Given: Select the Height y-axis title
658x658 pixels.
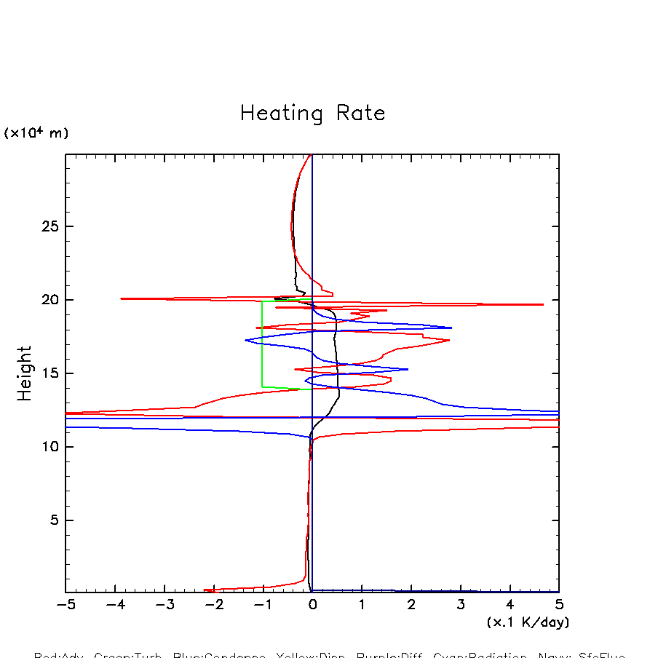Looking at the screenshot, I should pyautogui.click(x=25, y=373).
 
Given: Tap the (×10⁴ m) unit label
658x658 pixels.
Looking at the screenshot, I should pyautogui.click(x=36, y=133).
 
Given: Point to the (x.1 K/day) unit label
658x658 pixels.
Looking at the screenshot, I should pyautogui.click(x=528, y=622).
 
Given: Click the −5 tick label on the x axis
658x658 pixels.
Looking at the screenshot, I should pyautogui.click(x=66, y=605).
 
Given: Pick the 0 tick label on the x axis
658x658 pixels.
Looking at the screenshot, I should pyautogui.click(x=312, y=605).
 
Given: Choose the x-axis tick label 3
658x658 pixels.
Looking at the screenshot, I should pyautogui.click(x=461, y=605).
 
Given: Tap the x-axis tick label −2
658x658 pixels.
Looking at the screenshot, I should pyautogui.click(x=213, y=605).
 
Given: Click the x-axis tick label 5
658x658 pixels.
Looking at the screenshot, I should pyautogui.click(x=559, y=605).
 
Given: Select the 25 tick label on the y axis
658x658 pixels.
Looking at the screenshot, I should pyautogui.click(x=48, y=226).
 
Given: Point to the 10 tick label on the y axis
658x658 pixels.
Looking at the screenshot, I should pyautogui.click(x=48, y=447).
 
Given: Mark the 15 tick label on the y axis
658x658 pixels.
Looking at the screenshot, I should pyautogui.click(x=48, y=373).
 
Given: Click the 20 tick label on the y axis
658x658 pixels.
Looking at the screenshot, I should pyautogui.click(x=48, y=300).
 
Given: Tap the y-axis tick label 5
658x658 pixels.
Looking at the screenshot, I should pyautogui.click(x=52, y=520).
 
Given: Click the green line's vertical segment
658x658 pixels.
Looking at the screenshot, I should pyautogui.click(x=263, y=344).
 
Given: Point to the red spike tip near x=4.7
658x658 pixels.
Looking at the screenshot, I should pyautogui.click(x=543, y=304).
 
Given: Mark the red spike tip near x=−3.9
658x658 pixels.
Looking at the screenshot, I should pyautogui.click(x=121, y=298).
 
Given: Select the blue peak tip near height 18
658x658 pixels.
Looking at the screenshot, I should pyautogui.click(x=451, y=328).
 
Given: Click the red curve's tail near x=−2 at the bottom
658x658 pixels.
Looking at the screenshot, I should pyautogui.click(x=205, y=590).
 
